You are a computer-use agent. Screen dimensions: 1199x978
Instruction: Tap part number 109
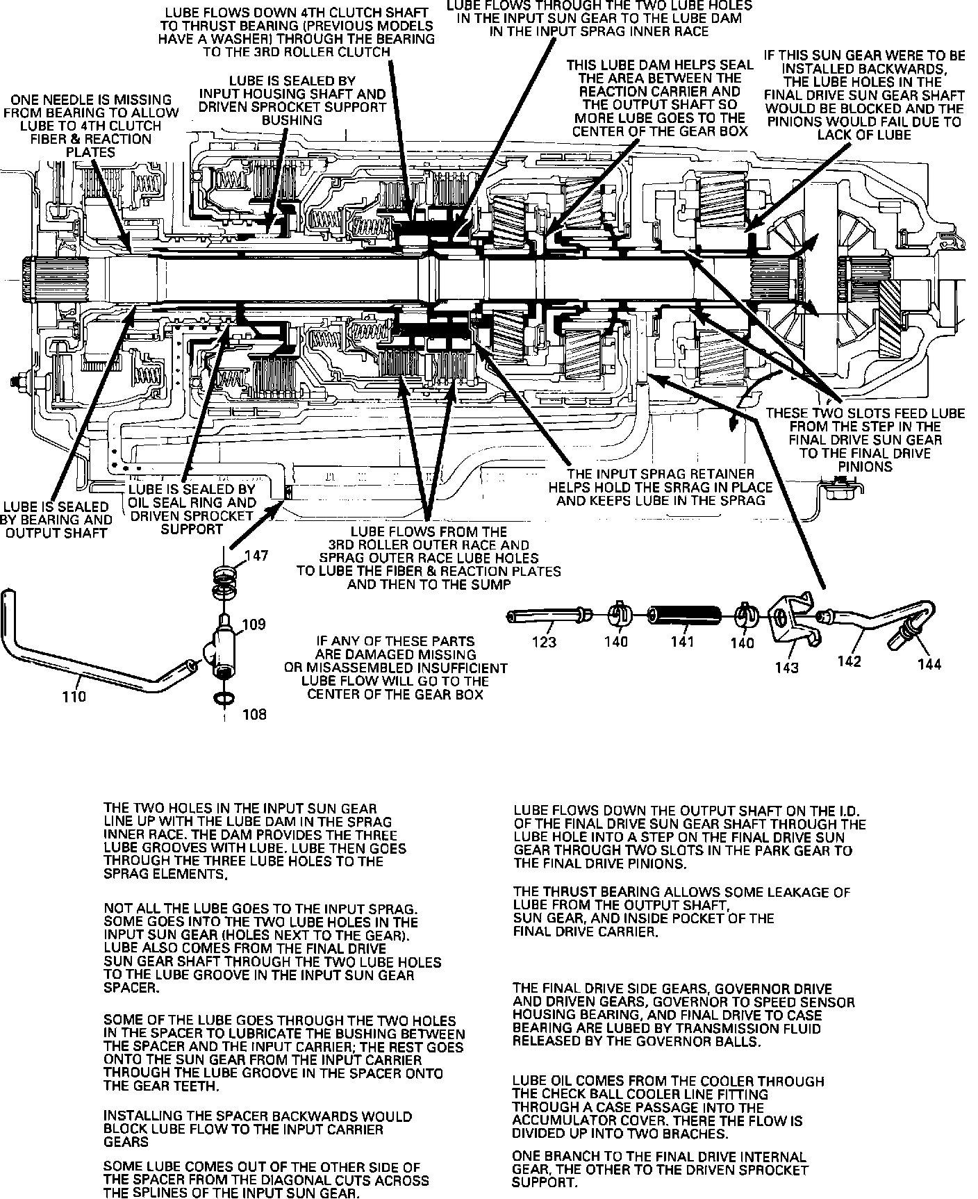coord(254,624)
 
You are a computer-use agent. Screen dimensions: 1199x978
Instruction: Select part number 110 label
coord(74,696)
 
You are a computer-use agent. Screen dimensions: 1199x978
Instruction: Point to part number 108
coord(254,714)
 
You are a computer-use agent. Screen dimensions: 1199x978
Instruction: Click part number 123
coord(544,642)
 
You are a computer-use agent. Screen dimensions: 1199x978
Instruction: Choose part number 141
coord(682,641)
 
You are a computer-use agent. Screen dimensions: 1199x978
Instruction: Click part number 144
coord(929,664)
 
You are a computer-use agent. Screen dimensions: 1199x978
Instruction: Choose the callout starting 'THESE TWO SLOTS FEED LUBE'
coord(865,440)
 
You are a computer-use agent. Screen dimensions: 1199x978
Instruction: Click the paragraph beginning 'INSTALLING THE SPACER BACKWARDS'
coord(258,1130)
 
